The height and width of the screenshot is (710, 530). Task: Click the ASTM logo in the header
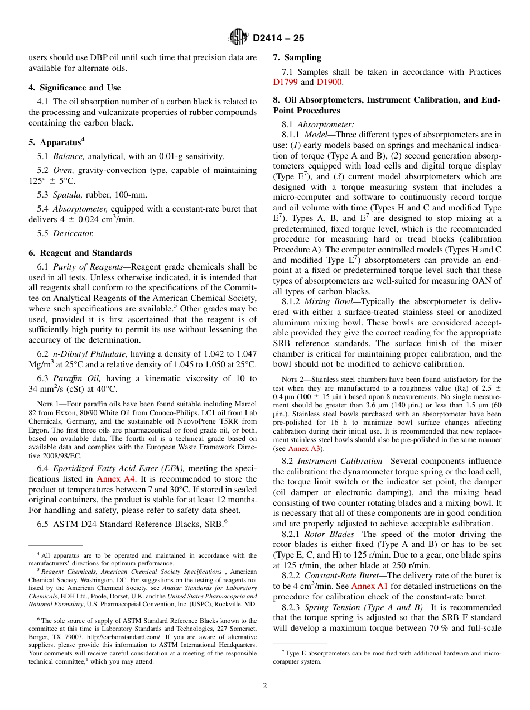(238, 38)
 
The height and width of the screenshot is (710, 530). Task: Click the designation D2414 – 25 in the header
(278, 39)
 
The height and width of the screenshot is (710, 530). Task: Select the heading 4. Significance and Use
(75, 88)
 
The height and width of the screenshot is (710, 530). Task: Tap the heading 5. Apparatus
(56, 142)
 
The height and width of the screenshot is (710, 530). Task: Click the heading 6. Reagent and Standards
(80, 253)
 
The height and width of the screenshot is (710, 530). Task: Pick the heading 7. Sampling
(297, 57)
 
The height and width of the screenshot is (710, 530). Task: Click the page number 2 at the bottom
(265, 686)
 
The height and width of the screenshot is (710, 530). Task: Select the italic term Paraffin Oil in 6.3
(75, 378)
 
